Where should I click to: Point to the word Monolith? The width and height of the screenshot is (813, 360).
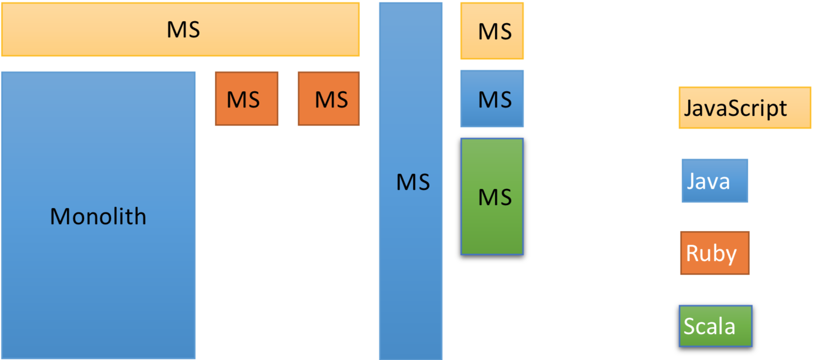[x=98, y=216]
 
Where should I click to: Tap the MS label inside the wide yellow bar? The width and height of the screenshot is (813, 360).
[x=183, y=30]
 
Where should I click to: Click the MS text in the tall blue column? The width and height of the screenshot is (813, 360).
[x=413, y=182]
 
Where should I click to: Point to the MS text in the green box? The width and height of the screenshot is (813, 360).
[x=495, y=197]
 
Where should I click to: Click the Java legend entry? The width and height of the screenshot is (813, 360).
[x=714, y=180]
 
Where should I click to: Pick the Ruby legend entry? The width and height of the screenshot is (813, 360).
[x=714, y=253]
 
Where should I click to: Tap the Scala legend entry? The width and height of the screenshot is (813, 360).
[x=715, y=326]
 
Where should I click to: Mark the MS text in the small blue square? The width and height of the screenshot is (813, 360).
[x=495, y=100]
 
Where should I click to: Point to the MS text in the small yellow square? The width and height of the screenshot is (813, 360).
[x=495, y=32]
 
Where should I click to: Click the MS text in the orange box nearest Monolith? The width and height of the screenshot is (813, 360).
[x=243, y=100]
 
